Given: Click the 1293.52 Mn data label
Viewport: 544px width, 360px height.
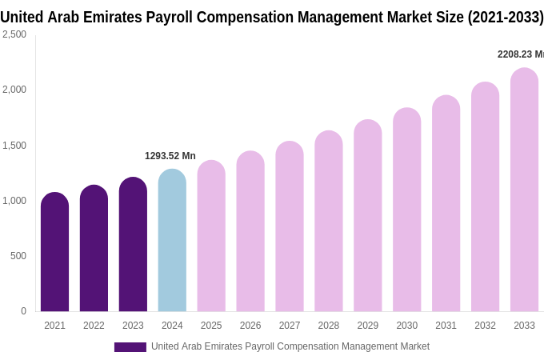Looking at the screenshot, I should pos(170,156).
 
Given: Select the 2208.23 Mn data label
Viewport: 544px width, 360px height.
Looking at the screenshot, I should pos(520,54).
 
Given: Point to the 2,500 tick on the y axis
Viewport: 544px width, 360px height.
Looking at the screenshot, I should pos(14,34).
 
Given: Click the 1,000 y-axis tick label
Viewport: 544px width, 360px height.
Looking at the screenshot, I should pos(14,201).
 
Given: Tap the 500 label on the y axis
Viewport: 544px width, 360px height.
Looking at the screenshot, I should pos(18,256).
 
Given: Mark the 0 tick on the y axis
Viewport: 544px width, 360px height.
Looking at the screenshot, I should pos(23,311).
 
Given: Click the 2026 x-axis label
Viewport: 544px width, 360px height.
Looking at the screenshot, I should pos(250,326).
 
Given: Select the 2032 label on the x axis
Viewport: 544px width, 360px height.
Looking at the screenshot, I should pos(485,326).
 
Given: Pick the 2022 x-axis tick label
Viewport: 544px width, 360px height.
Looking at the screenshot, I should pos(94,326).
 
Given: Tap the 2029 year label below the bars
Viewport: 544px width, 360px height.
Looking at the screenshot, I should pos(367,326).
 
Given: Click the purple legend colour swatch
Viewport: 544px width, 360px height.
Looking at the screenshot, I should pos(130,347).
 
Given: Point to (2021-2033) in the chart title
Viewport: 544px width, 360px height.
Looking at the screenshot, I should pos(506,17).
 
